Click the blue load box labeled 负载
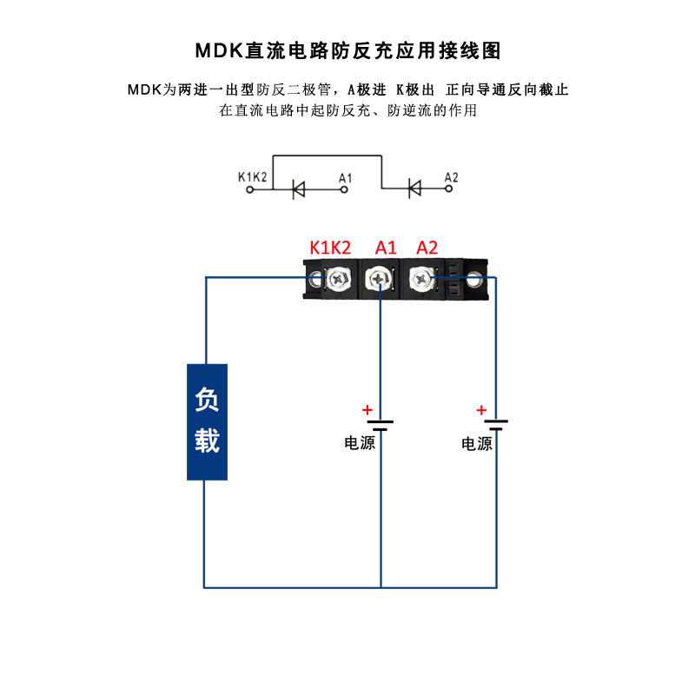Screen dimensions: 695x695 pyautogui.click(x=207, y=421)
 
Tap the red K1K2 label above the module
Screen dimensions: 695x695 pyautogui.click(x=330, y=248)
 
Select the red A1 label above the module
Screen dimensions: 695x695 pyautogui.click(x=386, y=248)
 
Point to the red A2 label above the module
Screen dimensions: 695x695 pyautogui.click(x=427, y=248)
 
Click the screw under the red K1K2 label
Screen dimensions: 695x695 pyautogui.click(x=336, y=280)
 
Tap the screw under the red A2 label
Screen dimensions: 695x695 pyautogui.click(x=421, y=280)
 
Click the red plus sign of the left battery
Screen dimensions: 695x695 pyautogui.click(x=367, y=410)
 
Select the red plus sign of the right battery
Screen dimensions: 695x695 pyautogui.click(x=481, y=410)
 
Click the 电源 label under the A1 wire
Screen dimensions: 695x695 pyautogui.click(x=360, y=443)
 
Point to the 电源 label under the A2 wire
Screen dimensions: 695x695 pyautogui.click(x=476, y=444)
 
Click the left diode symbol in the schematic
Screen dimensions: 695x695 pyautogui.click(x=298, y=188)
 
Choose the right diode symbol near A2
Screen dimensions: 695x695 pyautogui.click(x=414, y=188)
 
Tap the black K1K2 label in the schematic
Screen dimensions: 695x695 pyautogui.click(x=252, y=178)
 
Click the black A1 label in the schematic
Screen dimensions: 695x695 pyautogui.click(x=345, y=178)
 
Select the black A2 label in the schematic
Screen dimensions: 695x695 pyautogui.click(x=451, y=178)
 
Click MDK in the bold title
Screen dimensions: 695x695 pyautogui.click(x=218, y=50)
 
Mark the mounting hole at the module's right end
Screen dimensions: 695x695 pyautogui.click(x=473, y=280)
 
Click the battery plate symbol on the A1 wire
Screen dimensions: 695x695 pyautogui.click(x=381, y=425)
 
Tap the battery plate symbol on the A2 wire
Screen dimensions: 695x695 pyautogui.click(x=496, y=425)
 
